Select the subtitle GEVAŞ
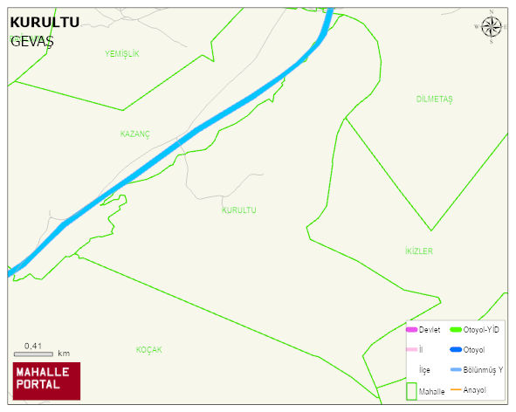pyautogui.click(x=31, y=41)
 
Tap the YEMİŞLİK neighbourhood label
pyautogui.click(x=121, y=54)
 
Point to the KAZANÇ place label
pyautogui.click(x=135, y=134)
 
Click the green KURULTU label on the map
pyautogui.click(x=239, y=210)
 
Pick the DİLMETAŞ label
pyautogui.click(x=434, y=100)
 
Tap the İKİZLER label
pyautogui.click(x=418, y=251)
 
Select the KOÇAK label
pyautogui.click(x=149, y=350)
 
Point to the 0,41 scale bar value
pyautogui.click(x=34, y=347)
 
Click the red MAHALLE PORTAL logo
pyautogui.click(x=46, y=381)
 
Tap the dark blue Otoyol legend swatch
pyautogui.click(x=455, y=350)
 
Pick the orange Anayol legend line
pyautogui.click(x=455, y=389)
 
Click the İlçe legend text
pyautogui.click(x=424, y=370)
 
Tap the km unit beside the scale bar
pyautogui.click(x=64, y=354)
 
